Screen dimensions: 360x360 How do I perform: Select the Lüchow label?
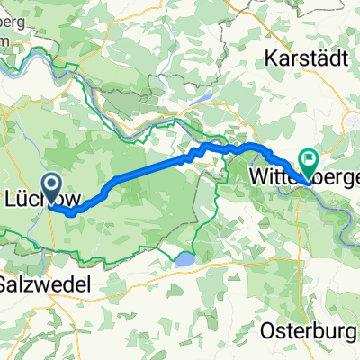[36, 195]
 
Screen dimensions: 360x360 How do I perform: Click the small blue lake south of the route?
[184, 260]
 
